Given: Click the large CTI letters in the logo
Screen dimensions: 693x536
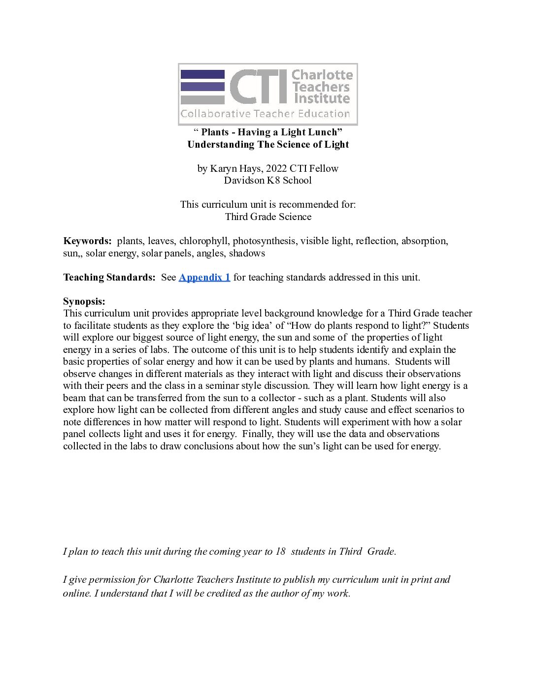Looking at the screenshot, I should click(x=258, y=87).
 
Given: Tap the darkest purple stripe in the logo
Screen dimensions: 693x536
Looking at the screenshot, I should click(x=202, y=74).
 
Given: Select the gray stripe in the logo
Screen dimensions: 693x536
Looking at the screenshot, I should click(x=202, y=99).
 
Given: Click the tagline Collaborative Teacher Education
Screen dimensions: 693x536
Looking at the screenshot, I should click(x=265, y=114).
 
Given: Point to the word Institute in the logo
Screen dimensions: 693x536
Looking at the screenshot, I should click(x=322, y=98).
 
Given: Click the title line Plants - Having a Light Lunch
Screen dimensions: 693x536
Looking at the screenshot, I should click(x=268, y=132).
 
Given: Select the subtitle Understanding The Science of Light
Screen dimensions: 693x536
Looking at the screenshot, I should click(x=268, y=145).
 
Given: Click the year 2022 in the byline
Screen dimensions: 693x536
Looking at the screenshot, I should click(x=276, y=169).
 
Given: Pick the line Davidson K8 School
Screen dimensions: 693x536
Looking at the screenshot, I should click(x=268, y=181).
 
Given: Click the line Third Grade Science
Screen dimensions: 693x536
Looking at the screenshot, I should click(x=268, y=217).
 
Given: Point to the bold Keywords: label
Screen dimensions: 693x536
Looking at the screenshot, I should click(x=88, y=241).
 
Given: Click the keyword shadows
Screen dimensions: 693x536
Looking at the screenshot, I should click(x=247, y=253).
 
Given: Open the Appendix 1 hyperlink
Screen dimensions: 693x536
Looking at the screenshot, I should click(x=204, y=278).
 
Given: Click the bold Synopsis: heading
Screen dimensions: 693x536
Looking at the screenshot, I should click(x=84, y=302).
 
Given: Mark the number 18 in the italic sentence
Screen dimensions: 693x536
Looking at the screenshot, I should click(x=280, y=552).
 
